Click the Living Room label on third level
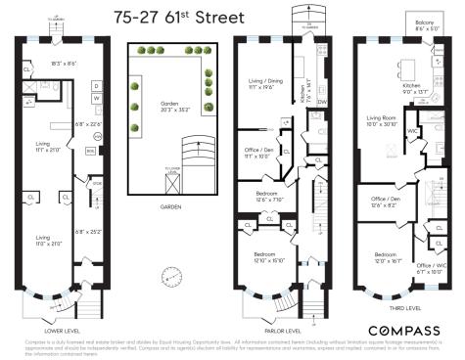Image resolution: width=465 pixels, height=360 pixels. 381,119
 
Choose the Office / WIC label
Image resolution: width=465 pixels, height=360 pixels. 429,267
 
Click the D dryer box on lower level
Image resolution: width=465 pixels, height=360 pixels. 97,85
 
